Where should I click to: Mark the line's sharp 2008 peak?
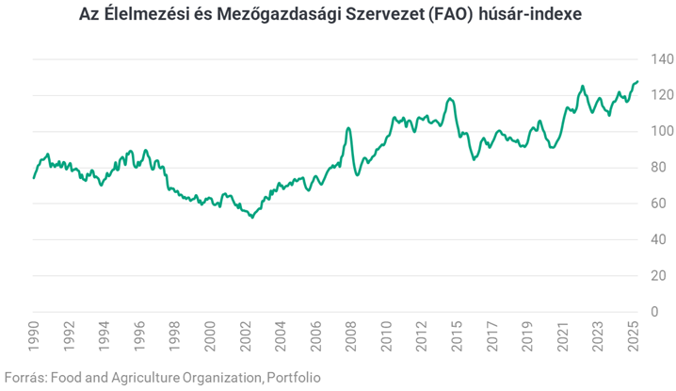pyautogui.click(x=348, y=128)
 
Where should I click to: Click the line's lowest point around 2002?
pyautogui.click(x=251, y=218)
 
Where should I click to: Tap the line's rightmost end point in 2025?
pyautogui.click(x=637, y=82)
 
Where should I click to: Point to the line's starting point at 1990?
pyautogui.click(x=34, y=177)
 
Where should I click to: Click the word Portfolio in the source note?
pyautogui.click(x=293, y=377)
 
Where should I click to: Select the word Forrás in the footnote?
pyautogui.click(x=24, y=377)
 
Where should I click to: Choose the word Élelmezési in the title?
pyautogui.click(x=142, y=17)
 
